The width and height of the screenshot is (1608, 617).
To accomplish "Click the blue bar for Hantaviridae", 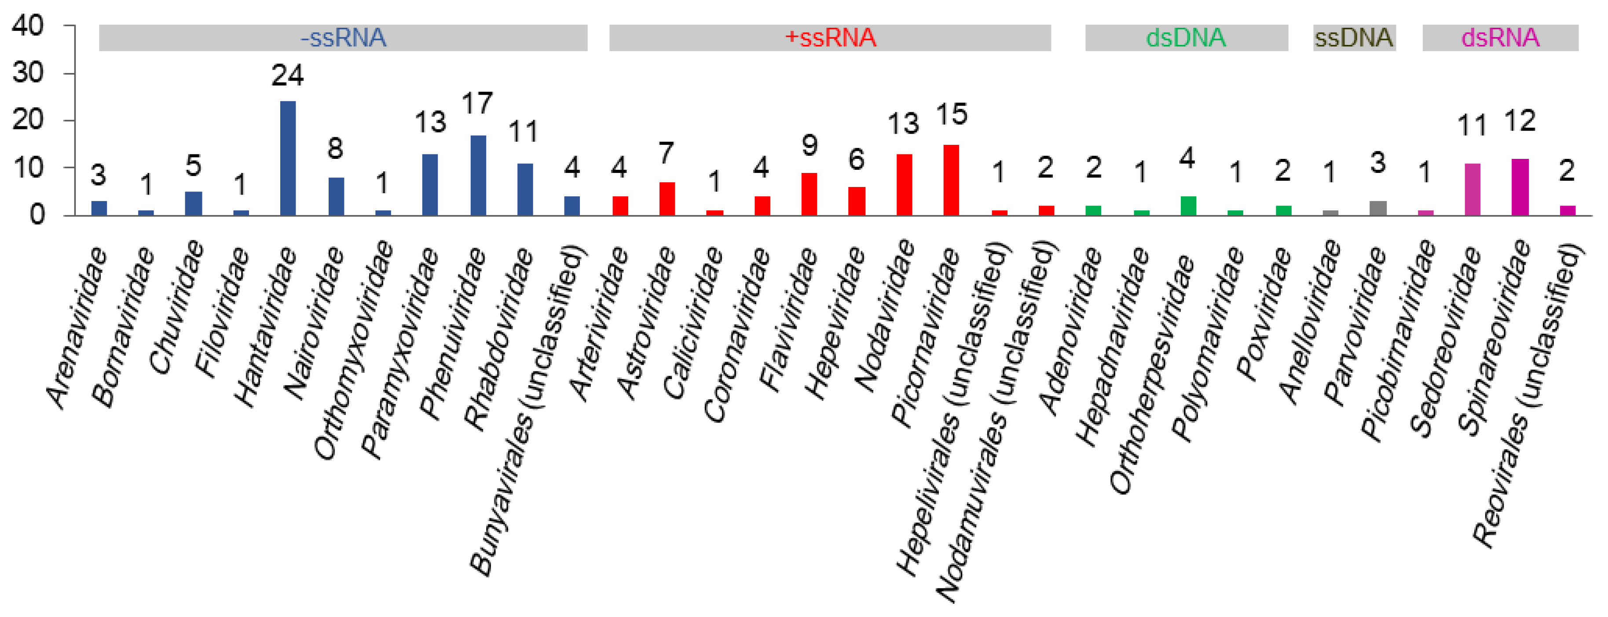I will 288,158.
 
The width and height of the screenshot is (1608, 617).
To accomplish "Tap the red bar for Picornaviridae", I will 951,180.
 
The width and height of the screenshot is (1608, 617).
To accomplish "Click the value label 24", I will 287,76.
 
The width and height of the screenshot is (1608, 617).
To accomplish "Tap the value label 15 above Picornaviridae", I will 951,114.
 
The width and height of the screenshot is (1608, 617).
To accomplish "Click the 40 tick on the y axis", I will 28,26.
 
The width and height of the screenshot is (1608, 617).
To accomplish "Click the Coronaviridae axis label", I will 735,334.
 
